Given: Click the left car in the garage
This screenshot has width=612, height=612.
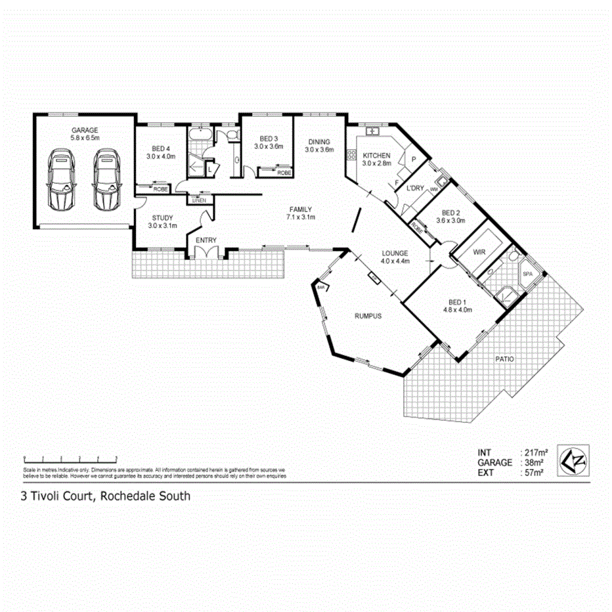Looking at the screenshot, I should pos(63,179).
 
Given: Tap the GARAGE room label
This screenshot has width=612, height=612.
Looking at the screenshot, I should pos(85,130).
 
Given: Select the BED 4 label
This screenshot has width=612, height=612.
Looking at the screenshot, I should pos(158,148).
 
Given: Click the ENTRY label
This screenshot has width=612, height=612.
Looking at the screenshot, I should pos(206,240).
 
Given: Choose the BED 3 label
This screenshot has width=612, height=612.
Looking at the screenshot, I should pos(269,139).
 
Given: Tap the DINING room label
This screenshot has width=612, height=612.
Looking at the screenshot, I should pos(319,142).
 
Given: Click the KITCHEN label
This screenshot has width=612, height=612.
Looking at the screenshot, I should pos(377,156).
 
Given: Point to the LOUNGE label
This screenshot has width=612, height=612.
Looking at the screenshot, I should pos(396,253).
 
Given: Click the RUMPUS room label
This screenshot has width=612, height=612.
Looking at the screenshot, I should pos(368,315).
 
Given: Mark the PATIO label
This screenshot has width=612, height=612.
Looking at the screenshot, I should pos(506,359).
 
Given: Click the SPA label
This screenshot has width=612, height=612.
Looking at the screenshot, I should pos(527,274).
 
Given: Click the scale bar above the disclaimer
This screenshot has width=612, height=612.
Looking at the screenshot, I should pos(69,457).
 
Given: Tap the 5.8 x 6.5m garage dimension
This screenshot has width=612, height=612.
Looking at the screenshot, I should pos(85,139).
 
